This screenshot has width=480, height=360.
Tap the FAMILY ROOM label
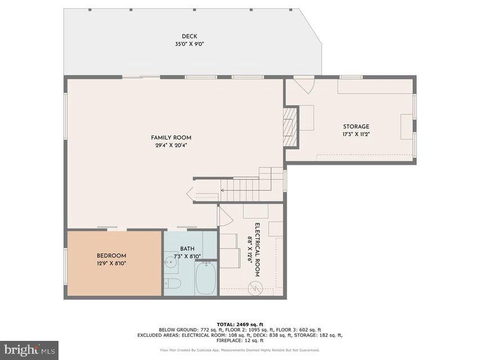tap(171, 138)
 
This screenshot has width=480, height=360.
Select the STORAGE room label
tap(356, 127)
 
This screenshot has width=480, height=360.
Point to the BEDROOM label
tap(111, 255)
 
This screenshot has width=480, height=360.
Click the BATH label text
tap(187, 249)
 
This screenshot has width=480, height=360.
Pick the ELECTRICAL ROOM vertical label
tap(257, 250)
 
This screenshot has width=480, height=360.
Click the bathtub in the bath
tap(205, 280)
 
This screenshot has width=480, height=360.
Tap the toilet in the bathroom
tap(174, 283)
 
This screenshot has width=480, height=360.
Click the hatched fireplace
tap(289, 126)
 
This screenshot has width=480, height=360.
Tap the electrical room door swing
tap(225, 215)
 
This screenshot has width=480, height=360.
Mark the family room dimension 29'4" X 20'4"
tap(171, 145)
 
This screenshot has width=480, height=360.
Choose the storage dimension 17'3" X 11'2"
tap(356, 134)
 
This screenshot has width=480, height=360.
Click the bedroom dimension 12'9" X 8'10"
tap(111, 263)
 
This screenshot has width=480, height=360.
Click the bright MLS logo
tap(29, 349)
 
